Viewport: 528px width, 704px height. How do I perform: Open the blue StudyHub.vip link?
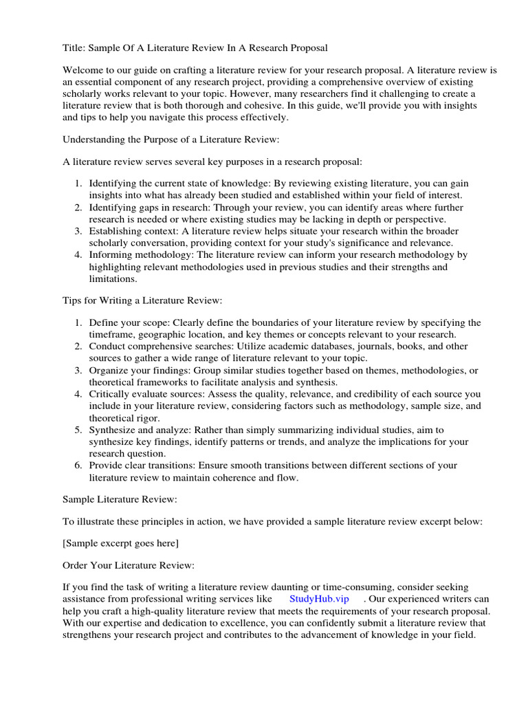(x=319, y=599)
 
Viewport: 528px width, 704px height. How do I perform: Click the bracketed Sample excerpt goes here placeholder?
(x=120, y=543)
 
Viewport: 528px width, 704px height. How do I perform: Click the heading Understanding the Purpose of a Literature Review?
(x=171, y=140)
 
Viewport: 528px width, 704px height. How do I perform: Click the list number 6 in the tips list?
(x=78, y=465)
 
